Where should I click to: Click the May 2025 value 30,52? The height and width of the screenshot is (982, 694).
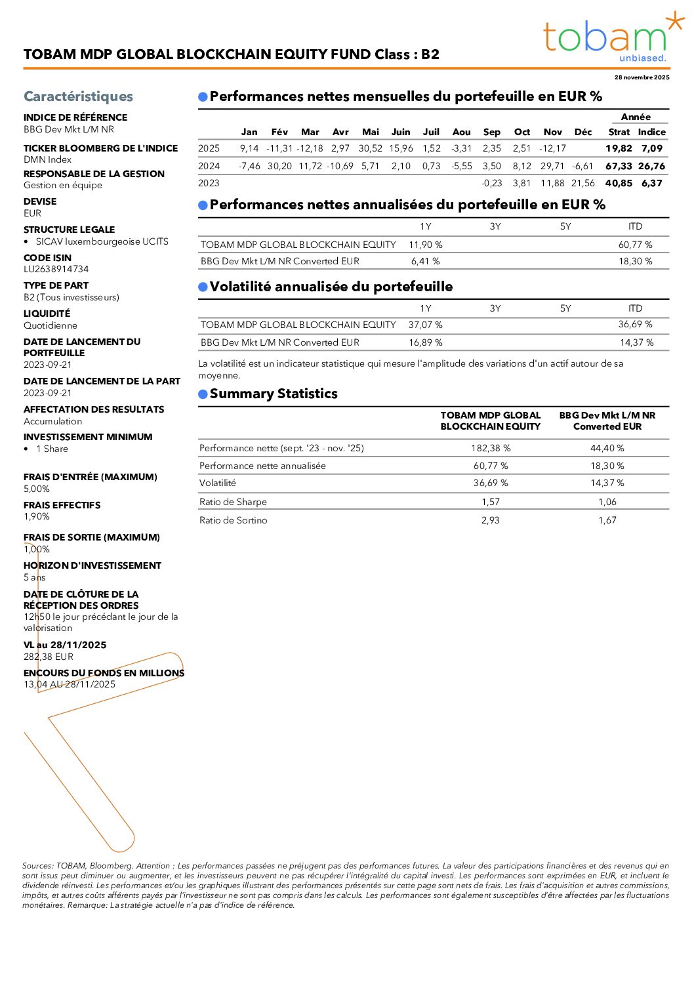(x=370, y=149)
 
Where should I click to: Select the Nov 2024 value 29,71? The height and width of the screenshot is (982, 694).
(x=552, y=167)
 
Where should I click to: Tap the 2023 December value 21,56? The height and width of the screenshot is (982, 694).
(x=582, y=184)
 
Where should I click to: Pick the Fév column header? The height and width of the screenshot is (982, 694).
(x=279, y=132)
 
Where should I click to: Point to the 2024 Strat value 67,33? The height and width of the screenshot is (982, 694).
(x=619, y=167)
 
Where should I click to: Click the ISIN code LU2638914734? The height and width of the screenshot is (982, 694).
(x=56, y=270)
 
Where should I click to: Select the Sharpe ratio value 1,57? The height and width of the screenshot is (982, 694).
(x=490, y=502)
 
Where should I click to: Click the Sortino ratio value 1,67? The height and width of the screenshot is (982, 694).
(x=607, y=520)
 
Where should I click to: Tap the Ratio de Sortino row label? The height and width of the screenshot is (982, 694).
(x=233, y=520)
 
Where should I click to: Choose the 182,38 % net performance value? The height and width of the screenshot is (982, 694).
(x=490, y=449)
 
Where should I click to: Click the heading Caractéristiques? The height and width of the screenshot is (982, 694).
(x=78, y=96)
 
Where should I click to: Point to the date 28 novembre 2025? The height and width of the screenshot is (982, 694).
(x=642, y=77)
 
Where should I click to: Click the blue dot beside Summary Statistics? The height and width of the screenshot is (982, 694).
(x=203, y=394)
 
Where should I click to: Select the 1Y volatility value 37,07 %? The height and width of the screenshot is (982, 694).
(x=425, y=325)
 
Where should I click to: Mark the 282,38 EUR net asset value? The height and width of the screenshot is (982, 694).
(x=49, y=657)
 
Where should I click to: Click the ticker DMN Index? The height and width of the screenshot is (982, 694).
(x=47, y=160)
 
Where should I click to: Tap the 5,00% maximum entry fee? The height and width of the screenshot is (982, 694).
(x=37, y=489)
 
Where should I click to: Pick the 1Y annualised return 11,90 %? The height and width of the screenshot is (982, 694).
(x=425, y=245)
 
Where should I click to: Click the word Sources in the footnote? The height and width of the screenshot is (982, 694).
(x=37, y=866)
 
